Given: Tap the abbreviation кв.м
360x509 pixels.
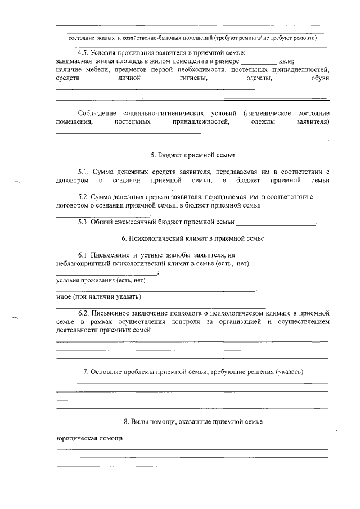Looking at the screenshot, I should pos(286,60).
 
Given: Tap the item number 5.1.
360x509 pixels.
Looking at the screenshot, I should pos(84,170).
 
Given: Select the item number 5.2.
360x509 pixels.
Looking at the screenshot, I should pos(84,197).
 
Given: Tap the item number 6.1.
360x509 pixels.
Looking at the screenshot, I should pos(84,255).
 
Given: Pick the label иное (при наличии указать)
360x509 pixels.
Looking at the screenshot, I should pos(99,296).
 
